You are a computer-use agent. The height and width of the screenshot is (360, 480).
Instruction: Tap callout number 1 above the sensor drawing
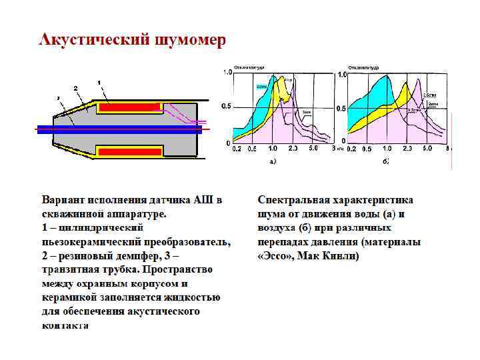[99, 83]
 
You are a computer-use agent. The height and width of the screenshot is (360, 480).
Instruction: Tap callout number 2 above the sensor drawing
[75, 88]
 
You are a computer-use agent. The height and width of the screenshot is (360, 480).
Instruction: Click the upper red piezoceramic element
[130, 107]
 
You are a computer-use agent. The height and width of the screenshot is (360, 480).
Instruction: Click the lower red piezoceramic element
[130, 152]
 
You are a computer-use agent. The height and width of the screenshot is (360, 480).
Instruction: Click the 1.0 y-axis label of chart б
[342, 75]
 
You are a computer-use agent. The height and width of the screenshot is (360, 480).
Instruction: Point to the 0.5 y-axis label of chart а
[226, 107]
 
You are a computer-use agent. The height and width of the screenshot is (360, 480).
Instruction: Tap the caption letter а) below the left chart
[272, 161]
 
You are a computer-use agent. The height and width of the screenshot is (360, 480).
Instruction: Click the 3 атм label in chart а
[307, 111]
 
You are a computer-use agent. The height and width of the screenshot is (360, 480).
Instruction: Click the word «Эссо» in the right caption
[274, 256]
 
